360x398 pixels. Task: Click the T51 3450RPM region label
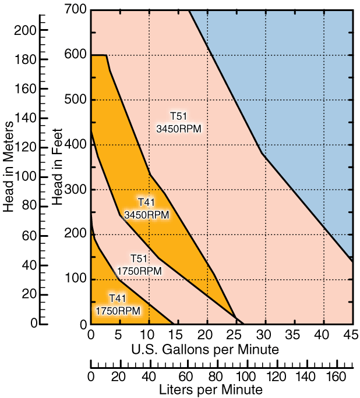(179, 122)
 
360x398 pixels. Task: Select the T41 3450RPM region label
(146, 208)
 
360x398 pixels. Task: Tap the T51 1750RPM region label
(139, 265)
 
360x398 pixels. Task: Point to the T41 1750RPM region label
(118, 305)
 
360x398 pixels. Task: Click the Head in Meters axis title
(9, 166)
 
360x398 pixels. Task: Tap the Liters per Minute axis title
(211, 389)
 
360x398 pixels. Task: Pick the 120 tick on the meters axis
(30, 147)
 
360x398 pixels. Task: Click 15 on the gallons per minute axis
(178, 336)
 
